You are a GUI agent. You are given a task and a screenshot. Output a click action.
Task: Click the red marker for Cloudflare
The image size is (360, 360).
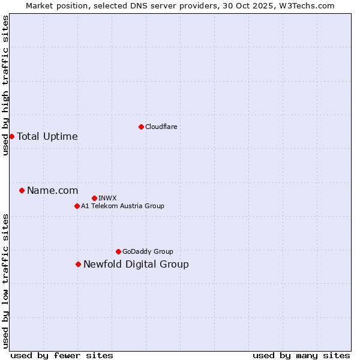(x=141, y=127)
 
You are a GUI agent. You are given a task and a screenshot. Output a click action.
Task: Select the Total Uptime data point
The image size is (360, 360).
(x=11, y=136)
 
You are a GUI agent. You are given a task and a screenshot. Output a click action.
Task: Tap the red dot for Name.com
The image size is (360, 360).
(x=22, y=190)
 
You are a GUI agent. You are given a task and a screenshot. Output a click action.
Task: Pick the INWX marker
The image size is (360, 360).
(x=94, y=198)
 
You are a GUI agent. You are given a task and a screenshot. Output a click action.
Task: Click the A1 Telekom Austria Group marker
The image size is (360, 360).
(x=77, y=206)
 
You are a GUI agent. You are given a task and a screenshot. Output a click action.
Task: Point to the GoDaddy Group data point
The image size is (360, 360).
(x=118, y=251)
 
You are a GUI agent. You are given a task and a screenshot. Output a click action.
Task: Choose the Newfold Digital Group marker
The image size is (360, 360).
(x=78, y=264)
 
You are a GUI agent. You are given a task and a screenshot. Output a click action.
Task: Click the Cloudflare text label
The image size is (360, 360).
(x=161, y=127)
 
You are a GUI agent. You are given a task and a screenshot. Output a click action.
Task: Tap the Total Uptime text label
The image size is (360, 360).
(x=47, y=136)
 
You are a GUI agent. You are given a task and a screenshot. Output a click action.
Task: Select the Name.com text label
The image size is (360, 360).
(x=52, y=190)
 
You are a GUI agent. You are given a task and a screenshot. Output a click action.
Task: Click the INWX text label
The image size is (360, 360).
(x=107, y=198)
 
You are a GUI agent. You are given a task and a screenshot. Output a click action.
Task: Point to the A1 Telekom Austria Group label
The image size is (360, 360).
(x=122, y=206)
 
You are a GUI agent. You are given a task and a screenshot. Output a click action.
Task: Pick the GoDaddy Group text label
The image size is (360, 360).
(x=148, y=251)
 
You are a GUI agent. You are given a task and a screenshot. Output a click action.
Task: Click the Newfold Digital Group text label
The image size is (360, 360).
(x=136, y=264)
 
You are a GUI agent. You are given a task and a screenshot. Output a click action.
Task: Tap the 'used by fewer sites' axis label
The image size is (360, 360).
(x=62, y=355)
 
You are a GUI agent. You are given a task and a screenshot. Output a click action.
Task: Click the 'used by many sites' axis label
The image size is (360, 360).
(x=301, y=355)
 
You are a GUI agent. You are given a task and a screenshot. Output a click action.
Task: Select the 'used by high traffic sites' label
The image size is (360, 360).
(x=6, y=85)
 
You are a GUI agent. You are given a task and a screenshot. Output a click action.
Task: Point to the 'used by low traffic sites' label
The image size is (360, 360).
(x=6, y=280)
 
